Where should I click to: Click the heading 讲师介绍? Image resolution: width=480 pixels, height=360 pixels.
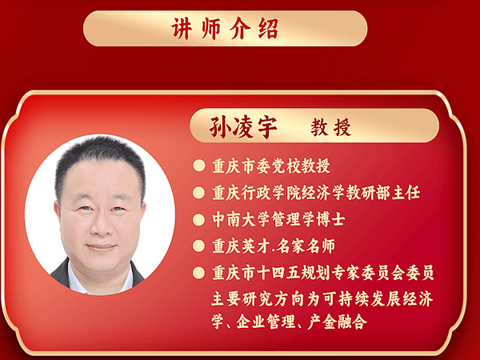tap(225, 29)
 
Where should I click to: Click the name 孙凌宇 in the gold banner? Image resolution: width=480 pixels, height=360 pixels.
tap(243, 127)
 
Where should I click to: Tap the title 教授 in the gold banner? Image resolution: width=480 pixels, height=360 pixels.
tap(331, 127)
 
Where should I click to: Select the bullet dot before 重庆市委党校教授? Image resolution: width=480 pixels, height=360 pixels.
tap(199, 166)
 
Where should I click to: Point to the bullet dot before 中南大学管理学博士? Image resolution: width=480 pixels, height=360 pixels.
tap(199, 220)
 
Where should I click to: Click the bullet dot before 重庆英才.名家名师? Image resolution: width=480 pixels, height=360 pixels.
tap(199, 246)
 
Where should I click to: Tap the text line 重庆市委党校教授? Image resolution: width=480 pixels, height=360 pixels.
tap(271, 166)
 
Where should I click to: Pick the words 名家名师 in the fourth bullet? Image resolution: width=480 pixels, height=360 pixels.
tap(306, 246)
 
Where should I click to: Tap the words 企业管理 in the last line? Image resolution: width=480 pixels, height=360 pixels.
tap(266, 322)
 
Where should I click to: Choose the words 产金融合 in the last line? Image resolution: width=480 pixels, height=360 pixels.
tap(337, 322)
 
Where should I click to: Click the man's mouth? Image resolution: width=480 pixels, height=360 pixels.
tap(101, 246)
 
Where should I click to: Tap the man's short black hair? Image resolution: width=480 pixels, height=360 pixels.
tap(100, 159)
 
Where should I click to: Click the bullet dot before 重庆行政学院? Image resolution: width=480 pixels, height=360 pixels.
tap(199, 193)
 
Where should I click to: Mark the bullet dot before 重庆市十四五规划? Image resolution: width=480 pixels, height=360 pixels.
tap(199, 273)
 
